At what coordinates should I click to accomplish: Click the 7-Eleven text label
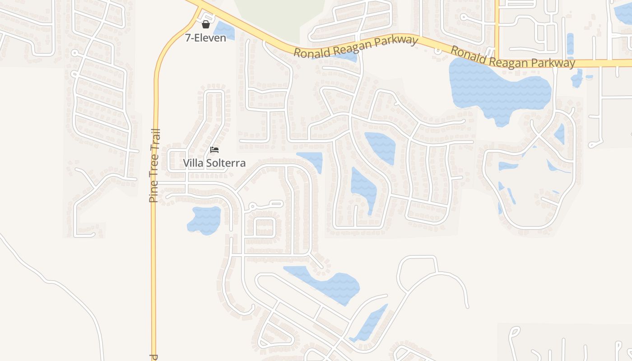tap(205, 38)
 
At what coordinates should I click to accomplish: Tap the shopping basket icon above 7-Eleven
tap(206, 24)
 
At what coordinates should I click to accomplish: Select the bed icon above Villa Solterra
tap(214, 150)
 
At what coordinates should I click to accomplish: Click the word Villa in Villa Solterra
tap(193, 163)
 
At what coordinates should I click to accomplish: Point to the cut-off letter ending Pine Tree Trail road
tap(154, 357)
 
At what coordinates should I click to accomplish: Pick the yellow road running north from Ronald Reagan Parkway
tap(497, 23)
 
